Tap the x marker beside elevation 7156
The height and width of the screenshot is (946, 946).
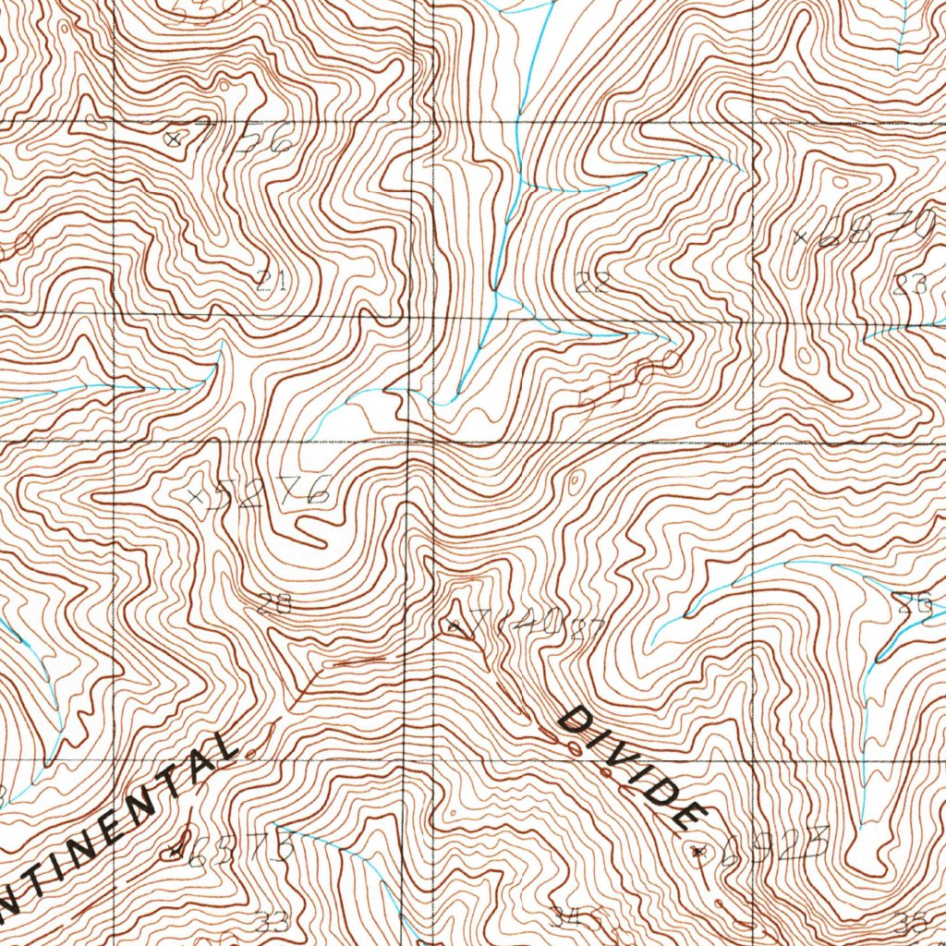click(172, 139)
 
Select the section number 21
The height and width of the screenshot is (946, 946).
click(270, 281)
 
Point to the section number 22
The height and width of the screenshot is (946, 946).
click(590, 283)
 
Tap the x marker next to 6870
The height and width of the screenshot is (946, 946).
click(801, 237)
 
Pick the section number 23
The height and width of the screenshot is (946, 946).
click(910, 284)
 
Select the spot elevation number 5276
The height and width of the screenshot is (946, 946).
click(269, 492)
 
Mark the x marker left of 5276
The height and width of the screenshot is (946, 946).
click(195, 497)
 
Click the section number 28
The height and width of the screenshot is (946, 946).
click(273, 605)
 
